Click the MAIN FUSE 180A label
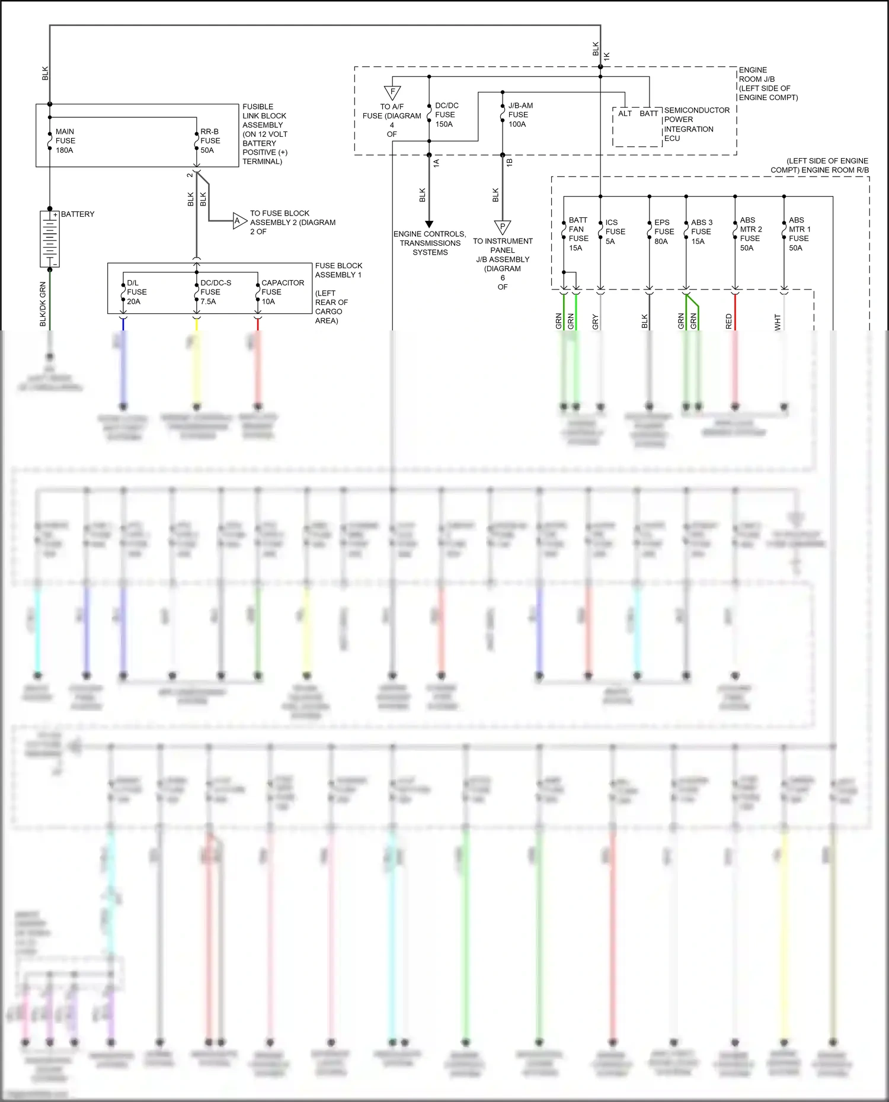pos(65,141)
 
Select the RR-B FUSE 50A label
pos(210,141)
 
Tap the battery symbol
pos(50,239)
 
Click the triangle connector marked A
pos(238,221)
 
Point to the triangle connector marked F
pos(392,92)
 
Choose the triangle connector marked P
pos(503,226)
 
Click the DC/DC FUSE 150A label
pos(446,115)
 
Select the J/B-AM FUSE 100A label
pos(520,115)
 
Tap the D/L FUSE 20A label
pos(136,292)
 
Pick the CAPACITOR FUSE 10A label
pos(282,292)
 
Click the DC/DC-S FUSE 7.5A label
pos(215,292)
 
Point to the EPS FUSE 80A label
pos(664,232)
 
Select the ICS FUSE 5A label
pos(615,232)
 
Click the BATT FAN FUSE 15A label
pos(578,234)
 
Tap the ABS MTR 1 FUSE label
pos(799,234)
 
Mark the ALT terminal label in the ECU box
pos(625,114)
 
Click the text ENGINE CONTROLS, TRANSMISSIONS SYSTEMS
pos(430,243)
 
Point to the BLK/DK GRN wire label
pos(43,303)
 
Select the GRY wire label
pos(596,322)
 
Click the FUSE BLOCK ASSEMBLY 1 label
pos(338,270)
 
